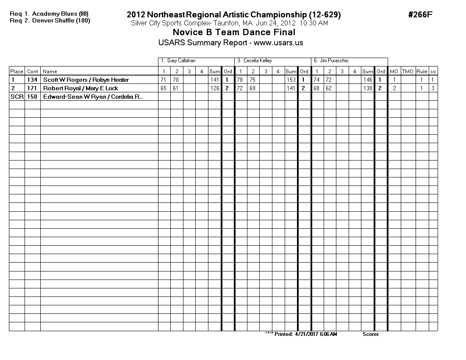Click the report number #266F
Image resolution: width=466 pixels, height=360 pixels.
coord(420,15)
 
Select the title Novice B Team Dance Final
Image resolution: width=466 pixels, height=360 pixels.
coord(234,32)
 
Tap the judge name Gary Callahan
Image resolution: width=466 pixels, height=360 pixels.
coord(181,61)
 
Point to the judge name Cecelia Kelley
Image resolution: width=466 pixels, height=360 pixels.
coord(258,61)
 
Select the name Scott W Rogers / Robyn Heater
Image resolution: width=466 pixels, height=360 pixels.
coord(86,80)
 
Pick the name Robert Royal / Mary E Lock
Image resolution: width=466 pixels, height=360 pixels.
coord(80,88)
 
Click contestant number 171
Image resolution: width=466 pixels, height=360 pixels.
coord(32,88)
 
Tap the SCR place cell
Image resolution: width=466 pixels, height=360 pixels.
coord(17,97)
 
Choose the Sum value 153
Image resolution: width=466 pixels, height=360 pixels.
coord(291,80)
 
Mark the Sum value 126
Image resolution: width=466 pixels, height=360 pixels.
coord(215,88)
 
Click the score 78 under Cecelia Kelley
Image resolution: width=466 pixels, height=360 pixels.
coord(240,80)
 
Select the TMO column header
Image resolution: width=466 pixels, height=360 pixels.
coord(408,72)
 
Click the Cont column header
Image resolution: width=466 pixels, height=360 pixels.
coord(32,72)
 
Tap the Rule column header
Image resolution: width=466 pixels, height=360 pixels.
coord(422,72)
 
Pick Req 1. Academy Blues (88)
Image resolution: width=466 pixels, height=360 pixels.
coord(49,14)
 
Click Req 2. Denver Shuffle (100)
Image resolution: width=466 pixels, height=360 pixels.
coord(50,20)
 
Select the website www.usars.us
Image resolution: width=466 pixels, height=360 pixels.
coord(278,43)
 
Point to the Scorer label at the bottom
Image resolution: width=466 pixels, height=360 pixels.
coord(371,334)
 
